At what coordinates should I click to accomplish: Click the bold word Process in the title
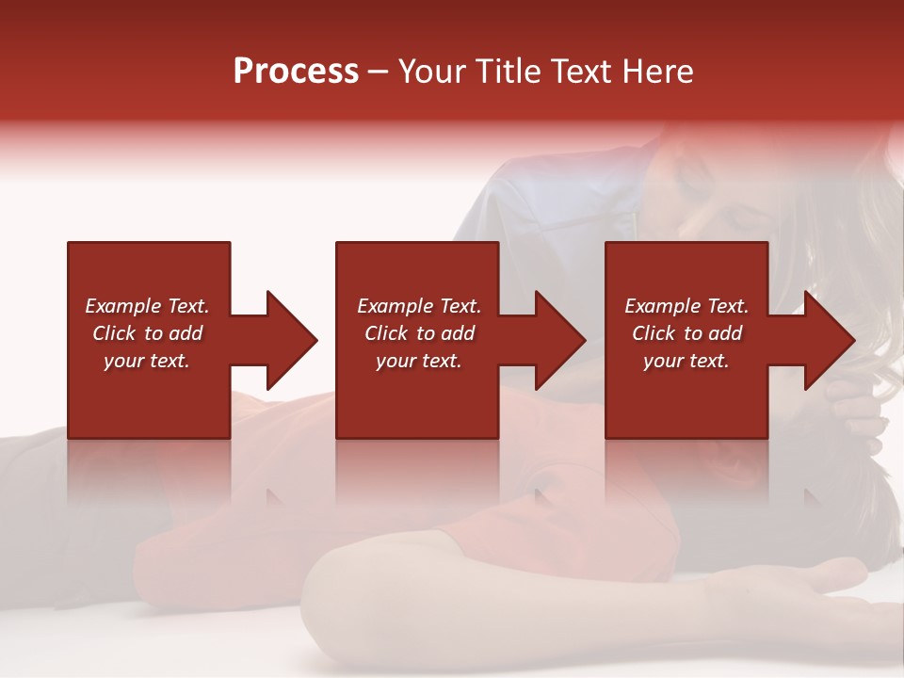tap(296, 71)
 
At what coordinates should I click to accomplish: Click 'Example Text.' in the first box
tap(147, 306)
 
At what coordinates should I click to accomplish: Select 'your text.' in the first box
tap(147, 361)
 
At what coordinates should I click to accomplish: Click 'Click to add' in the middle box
tap(419, 333)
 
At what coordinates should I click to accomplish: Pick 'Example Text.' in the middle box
tap(419, 306)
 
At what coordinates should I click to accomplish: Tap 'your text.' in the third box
tap(686, 361)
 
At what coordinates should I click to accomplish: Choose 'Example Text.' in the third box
tap(686, 306)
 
